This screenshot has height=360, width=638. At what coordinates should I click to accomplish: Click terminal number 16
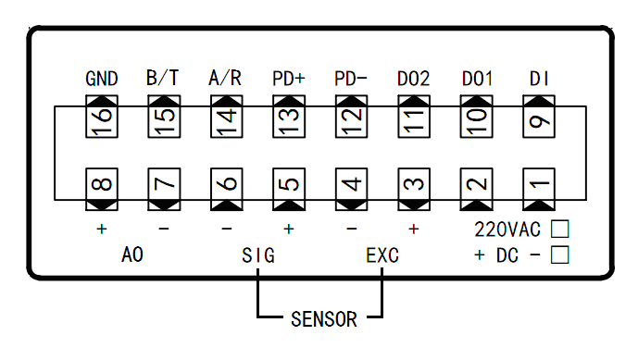(102, 118)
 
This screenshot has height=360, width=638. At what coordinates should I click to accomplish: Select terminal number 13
(289, 118)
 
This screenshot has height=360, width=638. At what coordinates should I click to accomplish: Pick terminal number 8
(102, 185)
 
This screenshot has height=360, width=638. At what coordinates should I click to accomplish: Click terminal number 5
(289, 185)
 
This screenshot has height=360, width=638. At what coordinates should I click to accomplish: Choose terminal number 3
(414, 185)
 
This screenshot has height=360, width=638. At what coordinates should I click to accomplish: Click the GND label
(101, 79)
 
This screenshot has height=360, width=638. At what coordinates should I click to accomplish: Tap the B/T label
(164, 79)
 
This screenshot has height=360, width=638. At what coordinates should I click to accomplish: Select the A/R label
(226, 79)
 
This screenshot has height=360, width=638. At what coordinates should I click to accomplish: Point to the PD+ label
(289, 79)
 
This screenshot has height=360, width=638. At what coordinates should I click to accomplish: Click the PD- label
(351, 79)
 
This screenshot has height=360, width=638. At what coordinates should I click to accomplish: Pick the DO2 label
(414, 79)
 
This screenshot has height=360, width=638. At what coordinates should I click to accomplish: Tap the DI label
(539, 79)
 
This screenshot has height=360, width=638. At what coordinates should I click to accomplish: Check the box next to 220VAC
(559, 227)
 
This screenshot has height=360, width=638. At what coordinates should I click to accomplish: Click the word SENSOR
(323, 320)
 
